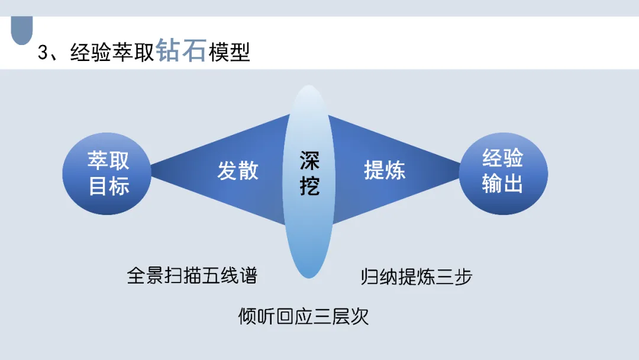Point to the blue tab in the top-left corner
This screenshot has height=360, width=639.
pos(22,30)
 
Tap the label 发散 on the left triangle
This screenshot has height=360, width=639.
pos(237,171)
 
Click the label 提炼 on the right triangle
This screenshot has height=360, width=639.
pos(385,171)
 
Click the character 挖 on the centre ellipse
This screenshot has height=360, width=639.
pos(309,186)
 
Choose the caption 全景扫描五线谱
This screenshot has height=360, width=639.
pos(192,275)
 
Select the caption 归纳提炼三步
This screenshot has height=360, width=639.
pos(417,277)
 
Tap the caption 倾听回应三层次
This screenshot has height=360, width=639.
pos(304,316)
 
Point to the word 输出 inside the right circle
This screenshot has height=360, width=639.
pos(503,184)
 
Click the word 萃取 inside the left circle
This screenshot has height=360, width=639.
pos(109,160)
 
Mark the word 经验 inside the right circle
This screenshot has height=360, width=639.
pos(503,159)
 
